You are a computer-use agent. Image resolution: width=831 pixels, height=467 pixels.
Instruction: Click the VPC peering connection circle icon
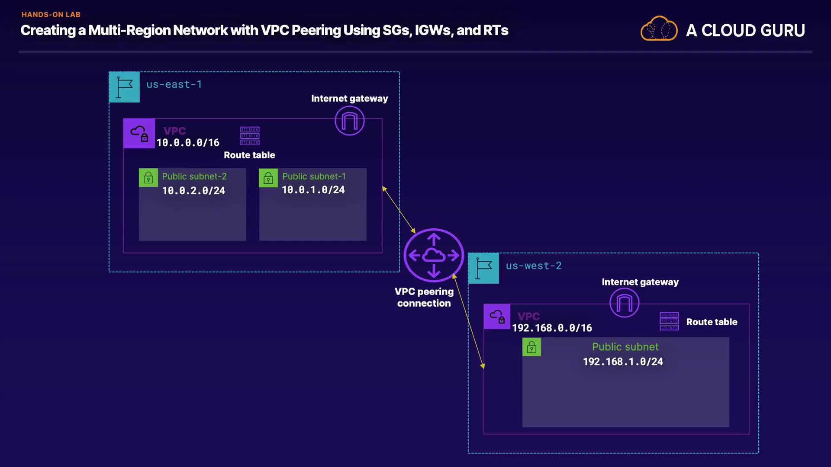pos(434,255)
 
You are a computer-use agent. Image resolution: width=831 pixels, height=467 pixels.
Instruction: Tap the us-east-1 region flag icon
pos(124,87)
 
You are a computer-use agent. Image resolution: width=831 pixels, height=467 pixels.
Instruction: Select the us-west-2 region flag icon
pos(483,268)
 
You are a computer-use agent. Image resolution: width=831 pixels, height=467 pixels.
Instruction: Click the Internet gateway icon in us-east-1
pos(350,121)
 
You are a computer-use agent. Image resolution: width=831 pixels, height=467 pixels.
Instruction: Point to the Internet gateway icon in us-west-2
pos(624,303)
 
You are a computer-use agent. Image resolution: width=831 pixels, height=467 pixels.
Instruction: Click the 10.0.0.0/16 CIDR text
pos(188,143)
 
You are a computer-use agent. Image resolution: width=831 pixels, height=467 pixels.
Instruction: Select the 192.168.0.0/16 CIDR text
pos(552,328)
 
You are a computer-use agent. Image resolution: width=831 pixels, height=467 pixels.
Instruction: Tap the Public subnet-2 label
pos(194,176)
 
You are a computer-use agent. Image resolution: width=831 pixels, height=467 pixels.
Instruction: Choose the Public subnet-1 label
pos(314,176)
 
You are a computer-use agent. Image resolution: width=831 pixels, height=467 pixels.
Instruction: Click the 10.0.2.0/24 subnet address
pos(193,191)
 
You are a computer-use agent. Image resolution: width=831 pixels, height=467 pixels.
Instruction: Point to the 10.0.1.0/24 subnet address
pos(313,190)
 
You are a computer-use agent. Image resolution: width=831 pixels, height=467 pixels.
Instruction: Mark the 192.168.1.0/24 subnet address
pos(623,361)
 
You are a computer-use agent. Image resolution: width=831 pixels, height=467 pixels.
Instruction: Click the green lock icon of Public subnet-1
pos(268,178)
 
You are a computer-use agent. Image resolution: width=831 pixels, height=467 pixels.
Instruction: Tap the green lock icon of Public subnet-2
pos(148,178)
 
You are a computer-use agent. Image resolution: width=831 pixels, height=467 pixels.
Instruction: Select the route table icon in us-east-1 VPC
pos(250,136)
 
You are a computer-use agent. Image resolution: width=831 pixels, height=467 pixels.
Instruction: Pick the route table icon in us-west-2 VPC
pos(669,321)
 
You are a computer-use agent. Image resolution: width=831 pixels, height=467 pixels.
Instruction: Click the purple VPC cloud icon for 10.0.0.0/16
pos(139,134)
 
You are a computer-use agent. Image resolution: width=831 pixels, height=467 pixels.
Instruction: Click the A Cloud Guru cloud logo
pos(659,29)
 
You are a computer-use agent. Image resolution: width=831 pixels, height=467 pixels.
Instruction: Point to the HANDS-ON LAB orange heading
pos(51,15)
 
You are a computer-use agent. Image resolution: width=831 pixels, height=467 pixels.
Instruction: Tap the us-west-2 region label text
pos(534,266)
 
